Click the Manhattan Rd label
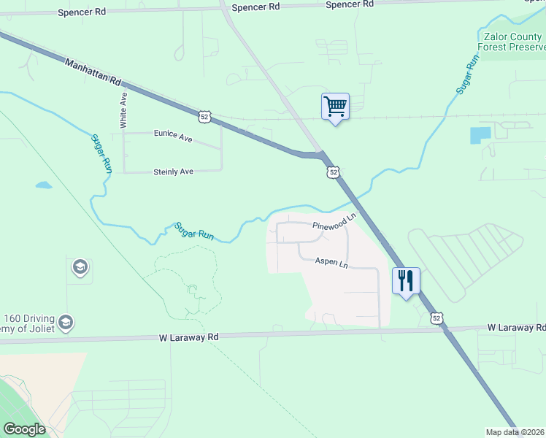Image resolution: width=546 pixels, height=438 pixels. point(92,73)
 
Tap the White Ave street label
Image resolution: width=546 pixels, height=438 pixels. point(123,110)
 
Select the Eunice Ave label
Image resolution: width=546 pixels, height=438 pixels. point(173,134)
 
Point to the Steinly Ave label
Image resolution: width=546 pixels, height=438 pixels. point(173,172)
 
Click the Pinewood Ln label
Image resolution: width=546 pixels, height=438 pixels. point(334,222)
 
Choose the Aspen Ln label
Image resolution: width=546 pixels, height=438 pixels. point(331,262)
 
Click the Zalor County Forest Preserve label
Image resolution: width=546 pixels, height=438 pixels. point(511,41)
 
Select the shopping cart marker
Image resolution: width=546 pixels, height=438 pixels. point(335,107)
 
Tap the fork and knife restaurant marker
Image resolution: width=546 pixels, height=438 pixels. point(405,280)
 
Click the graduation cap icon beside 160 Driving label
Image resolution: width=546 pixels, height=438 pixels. point(66,323)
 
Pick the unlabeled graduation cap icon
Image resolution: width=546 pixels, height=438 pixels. point(79,268)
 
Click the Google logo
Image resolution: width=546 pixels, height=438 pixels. point(24,429)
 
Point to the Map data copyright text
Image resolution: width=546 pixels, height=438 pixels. point(515,432)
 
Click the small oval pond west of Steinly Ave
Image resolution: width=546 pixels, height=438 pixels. point(44,185)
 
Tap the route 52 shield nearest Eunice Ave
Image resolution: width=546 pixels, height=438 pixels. point(205,116)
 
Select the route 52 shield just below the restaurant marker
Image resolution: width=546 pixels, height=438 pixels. point(437,318)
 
